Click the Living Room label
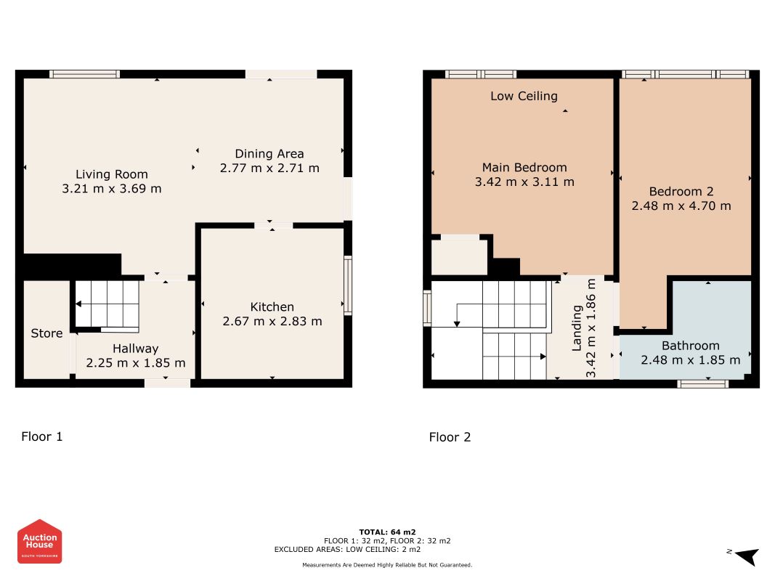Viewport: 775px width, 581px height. [112, 174]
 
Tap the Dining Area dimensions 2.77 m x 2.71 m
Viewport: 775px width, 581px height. [269, 168]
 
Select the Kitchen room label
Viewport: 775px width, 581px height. [272, 306]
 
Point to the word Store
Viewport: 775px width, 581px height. [46, 333]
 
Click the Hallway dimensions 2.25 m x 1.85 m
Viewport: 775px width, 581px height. [136, 363]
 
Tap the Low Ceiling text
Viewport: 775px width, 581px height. [524, 97]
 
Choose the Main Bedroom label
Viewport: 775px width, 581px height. [524, 168]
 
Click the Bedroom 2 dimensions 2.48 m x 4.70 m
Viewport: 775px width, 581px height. [681, 206]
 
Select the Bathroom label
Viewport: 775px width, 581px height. [691, 346]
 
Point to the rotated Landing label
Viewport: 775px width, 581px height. [577, 328]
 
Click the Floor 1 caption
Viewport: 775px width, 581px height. [42, 436]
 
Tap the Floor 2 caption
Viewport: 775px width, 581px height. [450, 437]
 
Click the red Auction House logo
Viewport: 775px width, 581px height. [39, 542]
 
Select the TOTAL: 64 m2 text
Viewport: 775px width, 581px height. [387, 532]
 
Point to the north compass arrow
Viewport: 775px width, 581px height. [747, 556]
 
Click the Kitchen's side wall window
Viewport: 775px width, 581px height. [348, 285]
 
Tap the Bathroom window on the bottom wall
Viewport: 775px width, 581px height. [702, 384]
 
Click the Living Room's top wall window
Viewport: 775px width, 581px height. [84, 74]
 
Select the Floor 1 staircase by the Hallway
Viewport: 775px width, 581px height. [107, 305]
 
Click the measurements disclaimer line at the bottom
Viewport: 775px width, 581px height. [387, 565]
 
